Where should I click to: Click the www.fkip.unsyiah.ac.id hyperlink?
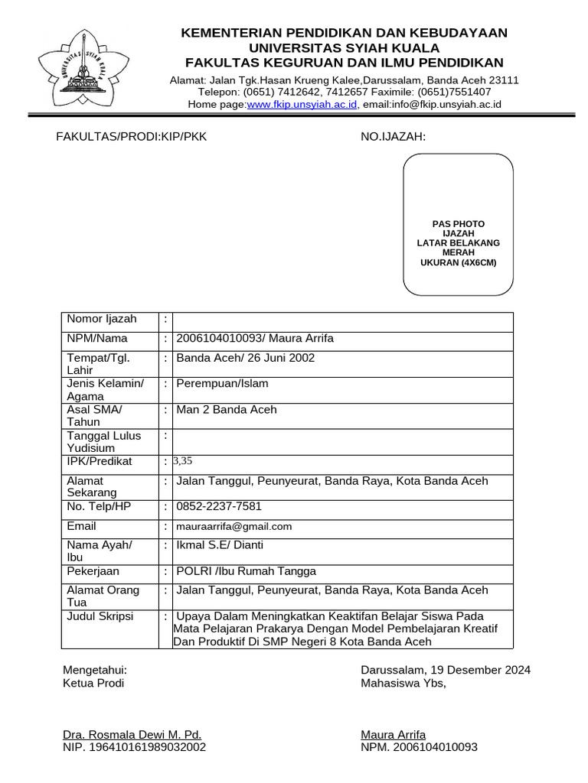click(302, 105)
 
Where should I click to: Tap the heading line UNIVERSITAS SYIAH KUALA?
click(343, 47)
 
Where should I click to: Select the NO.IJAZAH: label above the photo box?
click(393, 137)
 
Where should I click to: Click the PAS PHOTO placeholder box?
click(458, 223)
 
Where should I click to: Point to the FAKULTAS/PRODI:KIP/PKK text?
click(131, 137)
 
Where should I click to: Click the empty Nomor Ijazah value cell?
click(343, 321)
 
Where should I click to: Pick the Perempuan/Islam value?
click(222, 384)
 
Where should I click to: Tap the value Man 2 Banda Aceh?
click(227, 410)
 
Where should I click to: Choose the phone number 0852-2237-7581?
click(219, 506)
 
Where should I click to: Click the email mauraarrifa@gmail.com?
click(234, 527)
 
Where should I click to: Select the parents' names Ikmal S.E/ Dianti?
click(220, 545)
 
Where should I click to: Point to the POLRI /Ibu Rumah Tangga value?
click(246, 571)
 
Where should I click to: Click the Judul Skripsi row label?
click(100, 616)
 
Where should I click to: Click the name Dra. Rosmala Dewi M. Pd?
click(132, 735)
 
